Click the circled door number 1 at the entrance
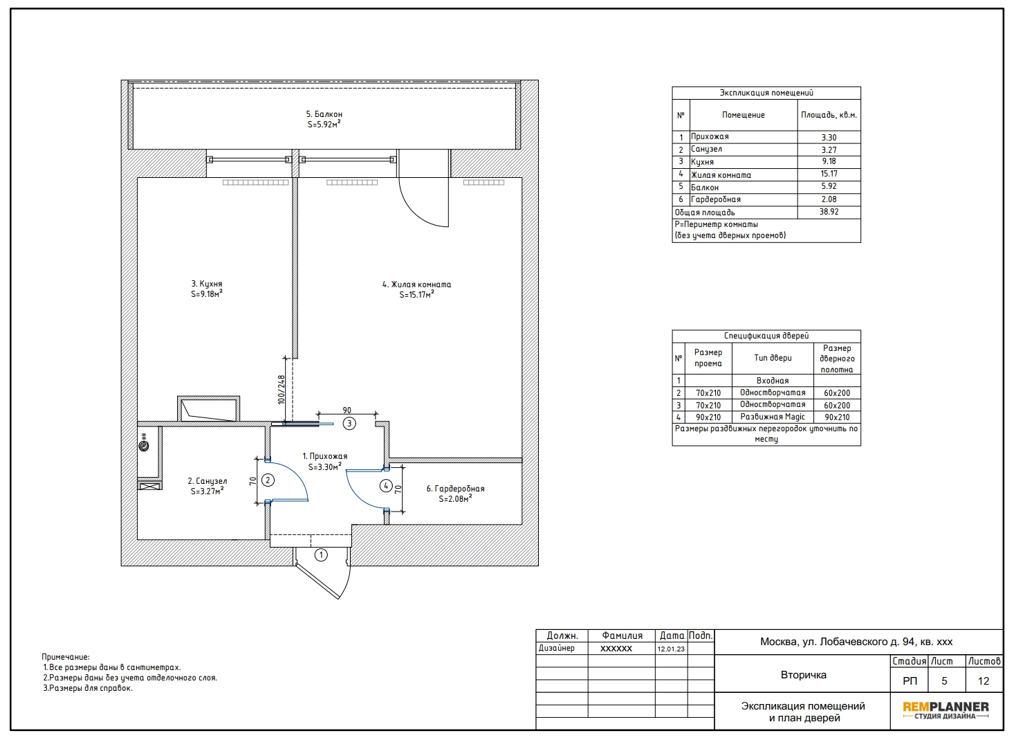[321, 554]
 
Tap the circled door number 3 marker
[349, 423]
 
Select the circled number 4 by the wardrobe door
[386, 486]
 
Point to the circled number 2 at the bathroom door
[268, 480]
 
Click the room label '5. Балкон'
[324, 114]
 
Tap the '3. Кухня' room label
[207, 284]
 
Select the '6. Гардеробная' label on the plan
[455, 489]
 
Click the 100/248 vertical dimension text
[282, 390]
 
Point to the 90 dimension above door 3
[347, 410]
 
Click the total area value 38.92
[829, 212]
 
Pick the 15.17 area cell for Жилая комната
[829, 174]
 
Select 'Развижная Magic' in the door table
[773, 417]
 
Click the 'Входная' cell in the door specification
[773, 381]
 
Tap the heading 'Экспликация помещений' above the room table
[766, 93]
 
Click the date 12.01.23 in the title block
[671, 649]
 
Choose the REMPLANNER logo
[946, 710]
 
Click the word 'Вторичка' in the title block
[804, 675]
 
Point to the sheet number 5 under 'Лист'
[944, 680]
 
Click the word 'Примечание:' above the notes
[66, 657]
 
